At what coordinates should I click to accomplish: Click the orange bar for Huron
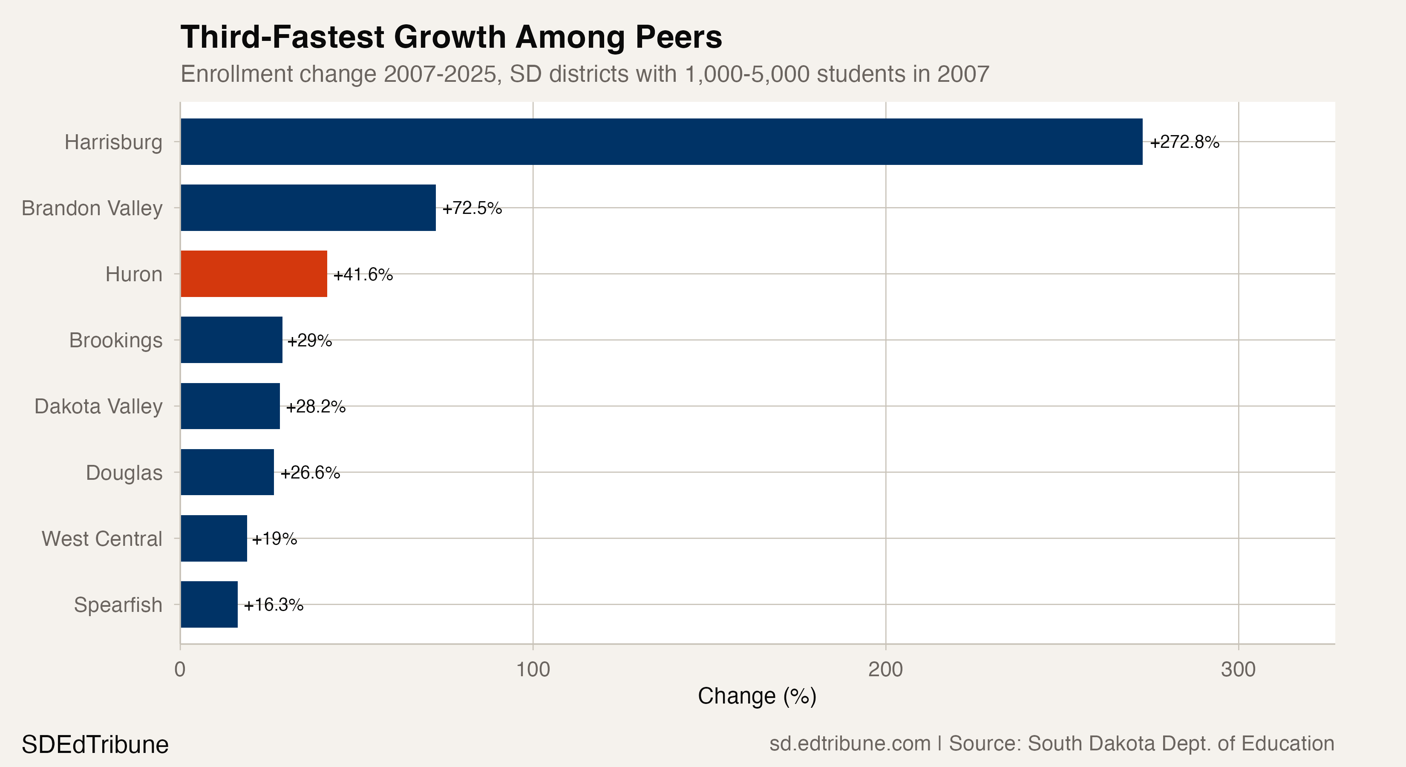tap(254, 274)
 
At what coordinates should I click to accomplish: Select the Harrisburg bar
tap(661, 142)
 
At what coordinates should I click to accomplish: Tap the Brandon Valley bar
tap(308, 208)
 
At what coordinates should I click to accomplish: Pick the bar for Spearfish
tap(209, 604)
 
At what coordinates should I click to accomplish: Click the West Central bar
tap(213, 538)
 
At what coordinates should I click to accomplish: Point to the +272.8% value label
tap(1184, 142)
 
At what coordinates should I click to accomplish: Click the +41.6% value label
tap(363, 274)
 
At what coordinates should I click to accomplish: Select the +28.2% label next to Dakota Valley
tap(315, 407)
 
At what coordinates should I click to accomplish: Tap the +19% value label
tap(274, 539)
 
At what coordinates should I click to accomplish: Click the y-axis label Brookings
tap(116, 340)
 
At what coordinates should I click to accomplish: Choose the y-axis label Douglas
tap(124, 473)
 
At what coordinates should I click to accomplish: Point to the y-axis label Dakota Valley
tap(98, 407)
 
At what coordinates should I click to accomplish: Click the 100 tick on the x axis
tap(533, 669)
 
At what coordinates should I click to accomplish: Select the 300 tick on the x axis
tap(1238, 669)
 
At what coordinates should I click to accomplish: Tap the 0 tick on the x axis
tap(180, 669)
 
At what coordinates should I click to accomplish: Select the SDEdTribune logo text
tap(95, 744)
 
